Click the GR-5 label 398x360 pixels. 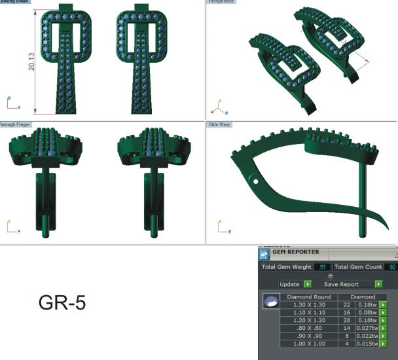coord(62,303)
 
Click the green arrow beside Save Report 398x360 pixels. coord(378,284)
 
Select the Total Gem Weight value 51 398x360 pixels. coord(321,267)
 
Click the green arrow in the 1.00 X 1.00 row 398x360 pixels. coord(383,344)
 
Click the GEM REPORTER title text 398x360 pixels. coord(296,252)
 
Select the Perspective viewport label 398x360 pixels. coord(221,2)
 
